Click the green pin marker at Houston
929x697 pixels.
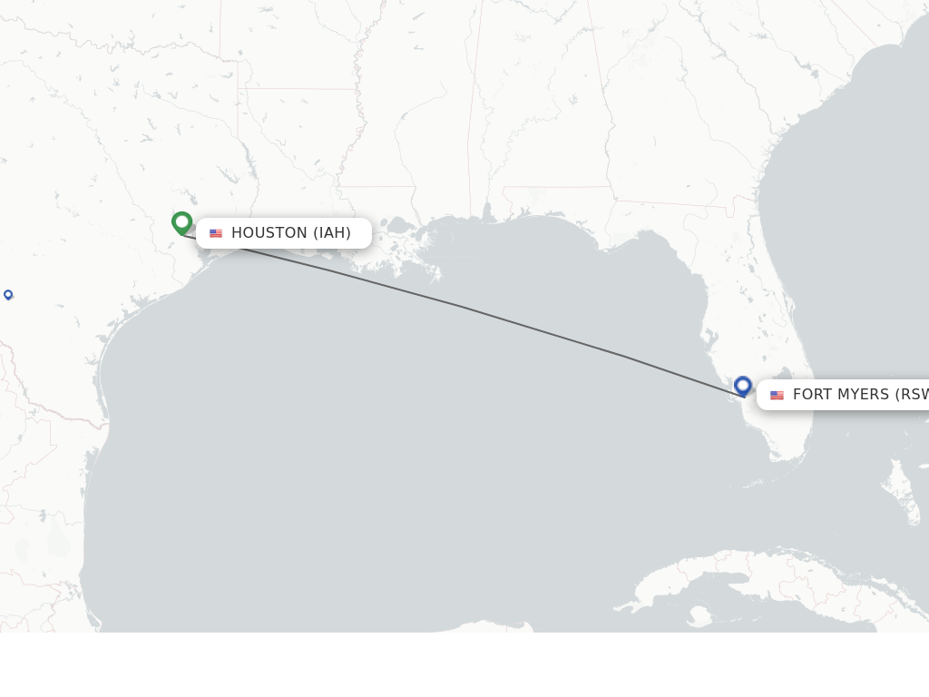click(x=181, y=222)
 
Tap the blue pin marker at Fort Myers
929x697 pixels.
click(x=743, y=386)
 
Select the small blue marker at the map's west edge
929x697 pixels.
click(x=8, y=294)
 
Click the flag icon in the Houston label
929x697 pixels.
click(x=216, y=233)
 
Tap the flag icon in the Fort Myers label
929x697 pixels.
click(x=777, y=395)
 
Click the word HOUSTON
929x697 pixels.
click(x=269, y=233)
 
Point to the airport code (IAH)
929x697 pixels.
click(x=332, y=233)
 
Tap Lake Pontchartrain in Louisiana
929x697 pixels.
click(x=399, y=224)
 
